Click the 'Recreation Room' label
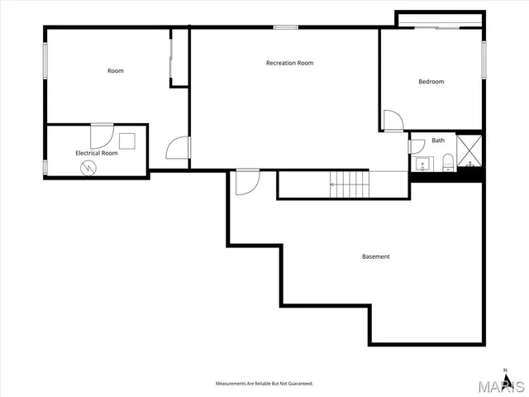(289, 63)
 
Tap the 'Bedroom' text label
(431, 81)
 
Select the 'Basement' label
(375, 256)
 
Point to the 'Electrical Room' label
(97, 153)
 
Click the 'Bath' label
(437, 141)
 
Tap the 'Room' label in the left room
(116, 70)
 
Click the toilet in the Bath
(446, 160)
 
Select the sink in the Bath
(420, 161)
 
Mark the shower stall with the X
(469, 148)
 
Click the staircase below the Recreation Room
(348, 184)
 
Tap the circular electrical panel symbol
(88, 166)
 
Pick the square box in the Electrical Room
(126, 141)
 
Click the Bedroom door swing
(394, 121)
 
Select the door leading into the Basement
(246, 182)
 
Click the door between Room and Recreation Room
(178, 148)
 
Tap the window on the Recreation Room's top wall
(285, 27)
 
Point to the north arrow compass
(505, 371)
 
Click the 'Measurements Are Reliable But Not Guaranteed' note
(264, 385)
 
